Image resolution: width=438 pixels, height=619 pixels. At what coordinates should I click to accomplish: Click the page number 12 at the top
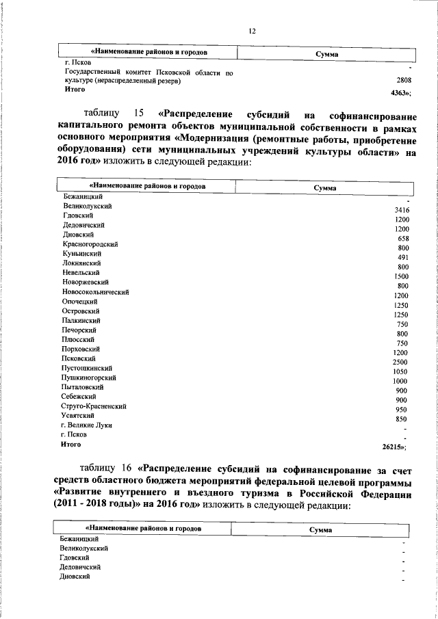[252, 31]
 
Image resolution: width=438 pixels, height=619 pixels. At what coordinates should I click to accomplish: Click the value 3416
[402, 209]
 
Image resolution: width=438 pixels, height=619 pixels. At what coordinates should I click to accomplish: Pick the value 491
[403, 257]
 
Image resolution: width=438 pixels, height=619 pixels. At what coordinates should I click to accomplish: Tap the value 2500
[401, 362]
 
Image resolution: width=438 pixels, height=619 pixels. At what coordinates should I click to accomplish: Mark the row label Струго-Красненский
[93, 406]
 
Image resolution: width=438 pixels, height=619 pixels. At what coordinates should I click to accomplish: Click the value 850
[402, 419]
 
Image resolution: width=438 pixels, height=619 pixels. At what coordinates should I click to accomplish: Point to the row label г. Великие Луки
[86, 425]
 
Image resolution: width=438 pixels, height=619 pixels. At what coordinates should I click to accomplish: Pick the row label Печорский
[79, 330]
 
